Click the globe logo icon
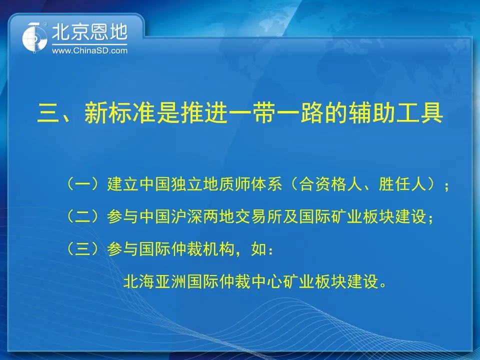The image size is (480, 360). (x=34, y=37)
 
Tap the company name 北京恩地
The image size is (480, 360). (x=89, y=32)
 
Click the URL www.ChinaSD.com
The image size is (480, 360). (x=89, y=50)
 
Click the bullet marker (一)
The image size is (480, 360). (x=83, y=184)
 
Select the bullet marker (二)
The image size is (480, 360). (x=83, y=216)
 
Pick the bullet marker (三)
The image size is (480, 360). (x=83, y=248)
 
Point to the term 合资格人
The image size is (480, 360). (x=330, y=184)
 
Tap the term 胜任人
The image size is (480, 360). (x=402, y=184)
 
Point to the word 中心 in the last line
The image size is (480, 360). (x=266, y=281)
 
